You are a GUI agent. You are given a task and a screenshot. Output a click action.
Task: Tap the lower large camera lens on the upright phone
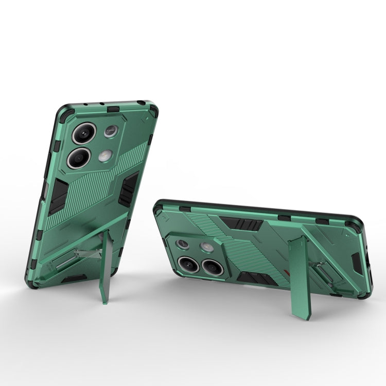[79, 157]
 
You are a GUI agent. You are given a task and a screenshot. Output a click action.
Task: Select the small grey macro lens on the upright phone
[111, 132]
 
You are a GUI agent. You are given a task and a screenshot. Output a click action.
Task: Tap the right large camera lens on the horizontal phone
[211, 267]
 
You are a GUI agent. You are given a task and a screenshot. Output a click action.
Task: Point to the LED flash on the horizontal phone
[207, 247]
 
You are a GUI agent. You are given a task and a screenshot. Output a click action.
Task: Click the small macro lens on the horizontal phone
[182, 243]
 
